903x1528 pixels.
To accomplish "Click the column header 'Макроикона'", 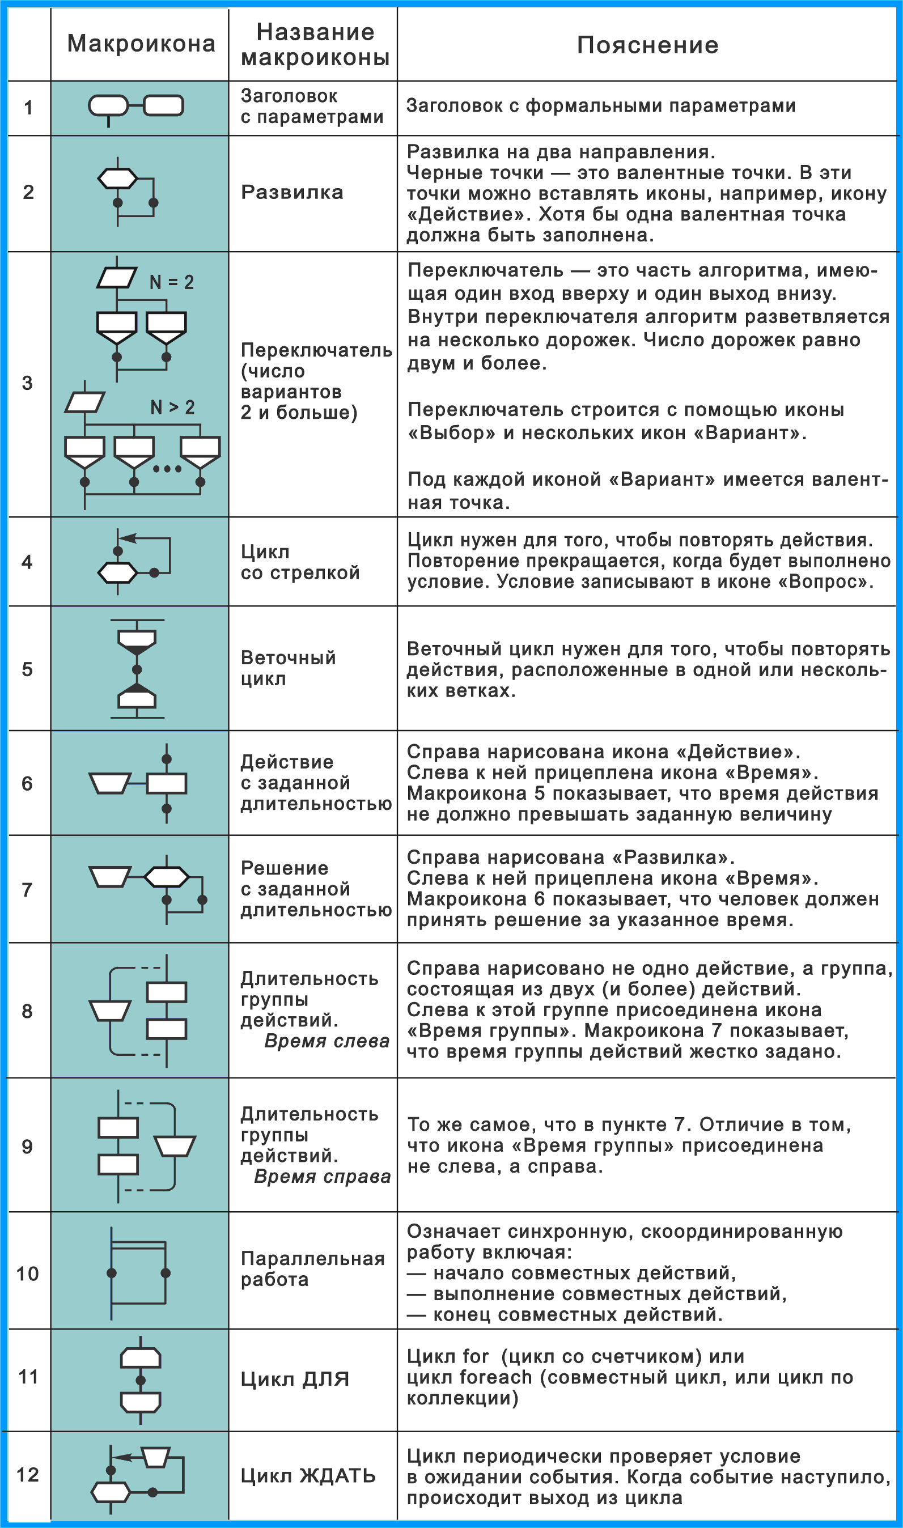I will point(141,44).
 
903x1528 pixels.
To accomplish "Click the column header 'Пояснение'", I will point(647,45).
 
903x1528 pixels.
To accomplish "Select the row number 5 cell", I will point(27,669).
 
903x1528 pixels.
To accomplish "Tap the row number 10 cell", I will point(27,1273).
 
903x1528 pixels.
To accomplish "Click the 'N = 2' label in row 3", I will point(172,282).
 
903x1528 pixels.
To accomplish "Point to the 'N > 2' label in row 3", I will point(172,407).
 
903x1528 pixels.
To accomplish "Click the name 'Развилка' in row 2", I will point(292,192).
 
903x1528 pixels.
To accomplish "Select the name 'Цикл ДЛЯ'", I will point(295,1379).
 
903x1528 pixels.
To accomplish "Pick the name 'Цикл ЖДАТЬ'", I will point(308,1476).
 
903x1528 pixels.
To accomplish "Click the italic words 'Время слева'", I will point(327,1041).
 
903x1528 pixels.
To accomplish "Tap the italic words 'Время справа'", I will point(322,1177).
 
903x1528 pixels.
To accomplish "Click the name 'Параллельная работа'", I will point(312,1268).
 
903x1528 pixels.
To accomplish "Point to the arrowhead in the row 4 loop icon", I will point(126,538).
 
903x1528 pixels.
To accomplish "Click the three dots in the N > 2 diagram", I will point(167,468).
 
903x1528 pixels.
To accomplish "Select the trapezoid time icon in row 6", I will point(109,783).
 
